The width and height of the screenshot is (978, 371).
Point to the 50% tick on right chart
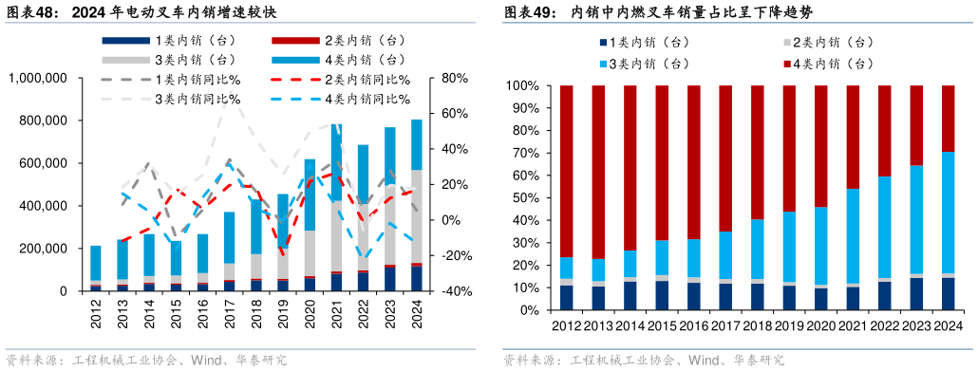(x=525, y=197)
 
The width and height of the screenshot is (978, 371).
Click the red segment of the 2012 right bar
(x=567, y=171)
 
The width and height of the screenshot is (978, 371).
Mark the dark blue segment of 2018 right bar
(x=757, y=296)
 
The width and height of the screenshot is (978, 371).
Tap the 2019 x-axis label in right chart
(x=788, y=327)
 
